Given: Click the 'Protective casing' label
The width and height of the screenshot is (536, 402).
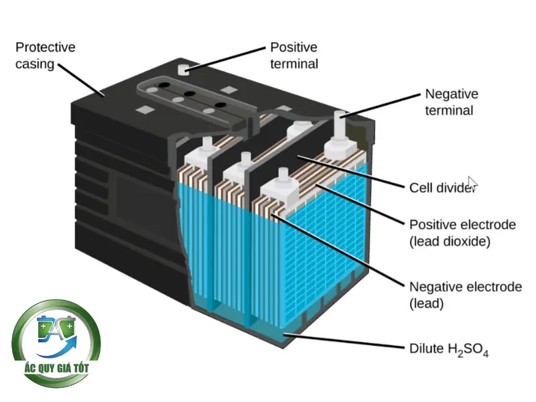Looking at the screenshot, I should (45, 56).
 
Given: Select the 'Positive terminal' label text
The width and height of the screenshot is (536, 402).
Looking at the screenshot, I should (293, 56).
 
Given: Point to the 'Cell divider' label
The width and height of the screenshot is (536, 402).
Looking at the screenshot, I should (442, 187).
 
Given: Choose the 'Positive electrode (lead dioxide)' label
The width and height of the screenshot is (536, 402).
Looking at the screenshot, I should (462, 232).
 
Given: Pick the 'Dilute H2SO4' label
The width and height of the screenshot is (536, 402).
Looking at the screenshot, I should (448, 348).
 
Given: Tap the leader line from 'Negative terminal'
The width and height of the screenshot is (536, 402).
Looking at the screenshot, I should (382, 105).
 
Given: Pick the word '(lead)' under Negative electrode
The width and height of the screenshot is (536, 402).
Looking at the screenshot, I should (427, 304).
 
